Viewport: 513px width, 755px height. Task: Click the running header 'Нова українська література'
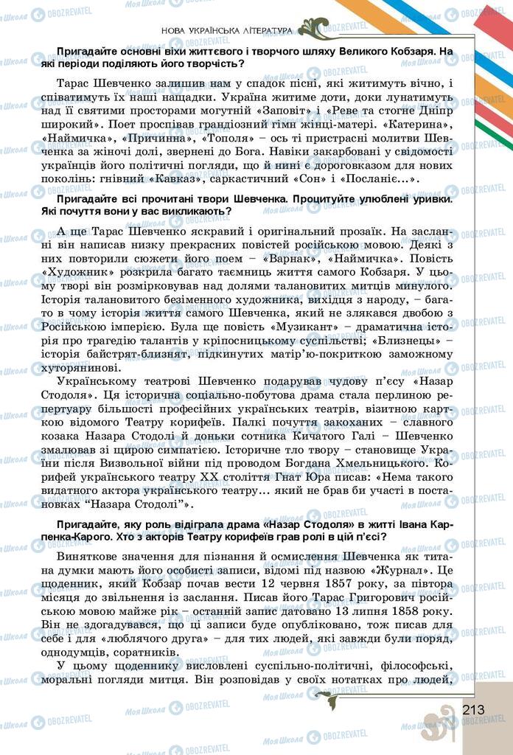(226, 30)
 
